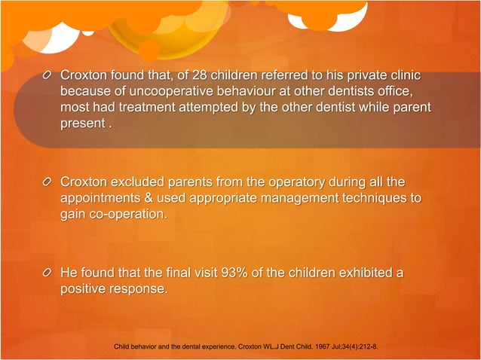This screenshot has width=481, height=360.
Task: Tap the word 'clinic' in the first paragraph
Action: [401, 76]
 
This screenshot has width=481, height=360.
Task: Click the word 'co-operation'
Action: [125, 214]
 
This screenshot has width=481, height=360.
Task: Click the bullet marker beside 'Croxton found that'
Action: [47, 76]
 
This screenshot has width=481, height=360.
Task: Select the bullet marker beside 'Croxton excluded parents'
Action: [47, 182]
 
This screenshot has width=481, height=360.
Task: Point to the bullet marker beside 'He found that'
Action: [47, 273]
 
